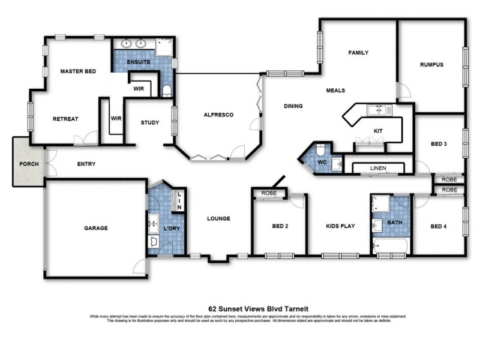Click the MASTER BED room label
click(79, 71)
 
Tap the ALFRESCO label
click(218, 115)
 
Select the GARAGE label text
click(95, 228)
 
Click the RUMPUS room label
click(431, 64)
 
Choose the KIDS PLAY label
click(340, 226)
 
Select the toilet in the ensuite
click(166, 90)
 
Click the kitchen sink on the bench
click(379, 110)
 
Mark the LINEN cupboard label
click(378, 169)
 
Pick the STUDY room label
click(150, 123)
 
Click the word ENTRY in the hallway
click(86, 164)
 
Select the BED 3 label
click(439, 144)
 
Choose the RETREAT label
click(65, 119)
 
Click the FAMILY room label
click(359, 53)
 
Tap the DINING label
click(293, 106)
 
